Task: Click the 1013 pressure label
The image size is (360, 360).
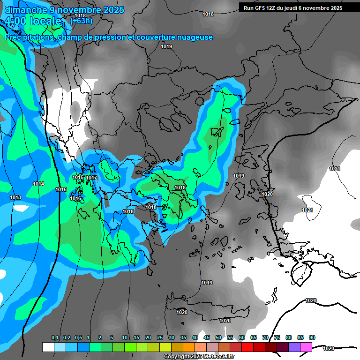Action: [15, 197]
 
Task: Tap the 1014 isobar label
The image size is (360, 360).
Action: [38, 184]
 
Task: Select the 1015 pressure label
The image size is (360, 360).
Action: [61, 189]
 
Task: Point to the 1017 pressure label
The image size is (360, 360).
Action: [91, 178]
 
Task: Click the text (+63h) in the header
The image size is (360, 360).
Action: [81, 21]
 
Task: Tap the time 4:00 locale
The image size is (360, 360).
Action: [33, 21]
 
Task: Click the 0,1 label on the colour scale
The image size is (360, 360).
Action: [55, 338]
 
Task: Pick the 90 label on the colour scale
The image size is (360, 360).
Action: [312, 338]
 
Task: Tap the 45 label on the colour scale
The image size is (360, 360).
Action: [207, 338]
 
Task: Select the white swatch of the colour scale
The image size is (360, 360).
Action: [48, 347]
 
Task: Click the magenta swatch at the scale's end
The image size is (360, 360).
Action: [306, 347]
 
